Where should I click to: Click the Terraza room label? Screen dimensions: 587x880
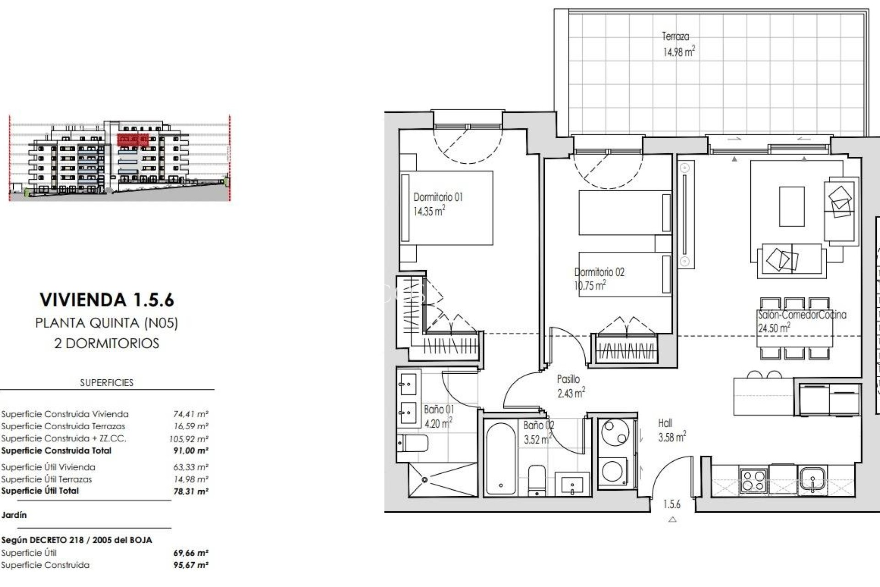675,36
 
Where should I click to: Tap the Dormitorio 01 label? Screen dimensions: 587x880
438,197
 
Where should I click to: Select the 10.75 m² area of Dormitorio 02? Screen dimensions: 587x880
590,286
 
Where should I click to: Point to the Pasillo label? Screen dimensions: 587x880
568,379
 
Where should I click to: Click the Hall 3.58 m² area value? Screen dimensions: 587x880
672,437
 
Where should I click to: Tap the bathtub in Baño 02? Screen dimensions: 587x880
501,459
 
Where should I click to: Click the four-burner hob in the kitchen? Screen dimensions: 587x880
753,480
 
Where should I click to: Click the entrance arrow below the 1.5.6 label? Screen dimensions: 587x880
672,520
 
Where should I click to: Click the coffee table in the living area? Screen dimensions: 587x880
792,206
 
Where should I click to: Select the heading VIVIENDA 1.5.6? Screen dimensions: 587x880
107,300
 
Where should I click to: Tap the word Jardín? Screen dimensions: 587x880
14,515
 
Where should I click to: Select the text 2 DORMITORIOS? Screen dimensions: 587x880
107,343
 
